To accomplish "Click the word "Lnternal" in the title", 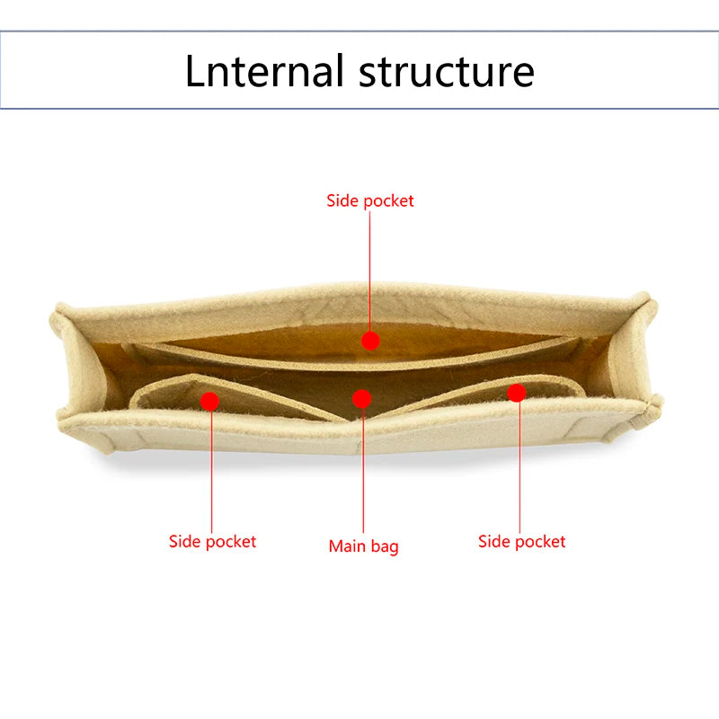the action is coord(264,70).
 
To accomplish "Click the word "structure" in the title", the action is coord(447,72).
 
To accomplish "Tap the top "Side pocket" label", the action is coord(370,200).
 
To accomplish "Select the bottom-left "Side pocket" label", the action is coord(212,542).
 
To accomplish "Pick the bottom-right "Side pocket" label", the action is coord(522,542).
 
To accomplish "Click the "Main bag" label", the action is coord(364,546).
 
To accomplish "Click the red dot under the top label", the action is coord(370,341).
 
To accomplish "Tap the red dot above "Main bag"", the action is coord(362,399).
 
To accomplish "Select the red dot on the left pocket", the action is coord(210,401).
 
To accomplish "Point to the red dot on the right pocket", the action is coord(517,393).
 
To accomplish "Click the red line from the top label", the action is coord(369,271).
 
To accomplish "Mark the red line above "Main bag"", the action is coord(363,470).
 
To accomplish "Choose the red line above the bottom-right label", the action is coord(519,467).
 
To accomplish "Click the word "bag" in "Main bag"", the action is coord(385,547).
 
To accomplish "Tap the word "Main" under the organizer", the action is coord(347,546).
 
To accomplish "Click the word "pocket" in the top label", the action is coord(389,201).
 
